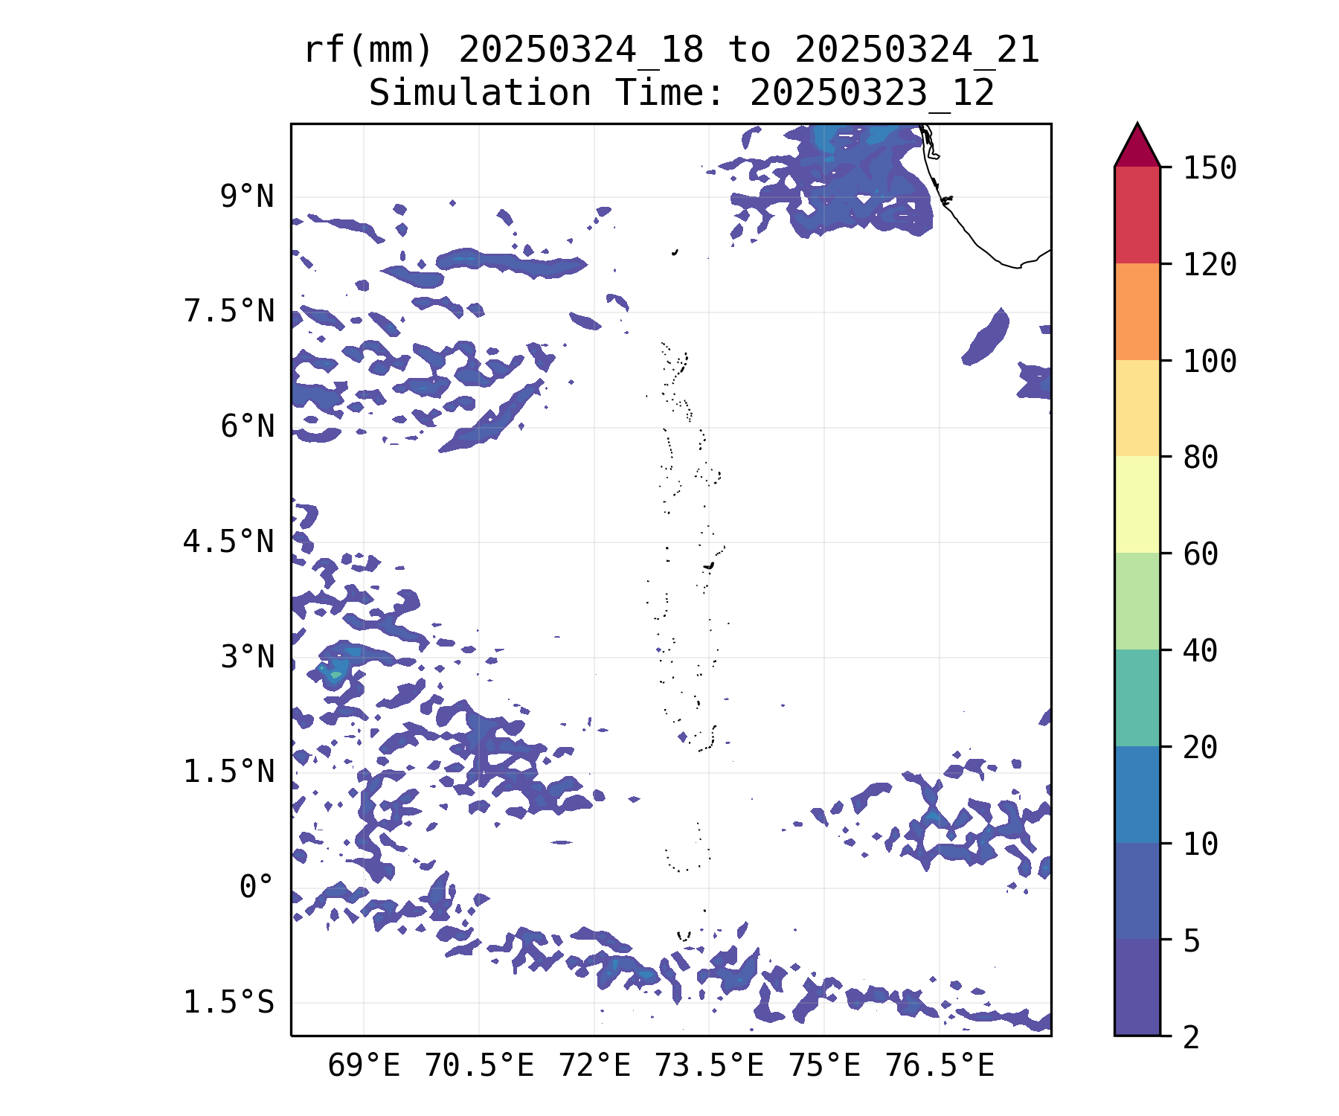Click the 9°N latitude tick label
pos(247,198)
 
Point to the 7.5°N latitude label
pos(229,312)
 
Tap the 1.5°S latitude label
pos(229,1003)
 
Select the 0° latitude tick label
pos(257,888)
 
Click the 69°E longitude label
pos(364,1066)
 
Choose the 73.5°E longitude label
pos(709,1066)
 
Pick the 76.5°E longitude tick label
pos(940,1066)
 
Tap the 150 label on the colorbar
pos(1210,168)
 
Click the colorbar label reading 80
pos(1201,458)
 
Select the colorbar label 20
pos(1201,748)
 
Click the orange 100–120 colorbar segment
pos(1137,312)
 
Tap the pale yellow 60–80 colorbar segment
pos(1137,504)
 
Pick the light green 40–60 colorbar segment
pos(1137,601)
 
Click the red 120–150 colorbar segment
pos(1137,215)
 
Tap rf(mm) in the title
pos(368,51)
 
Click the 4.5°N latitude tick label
pos(229,542)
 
